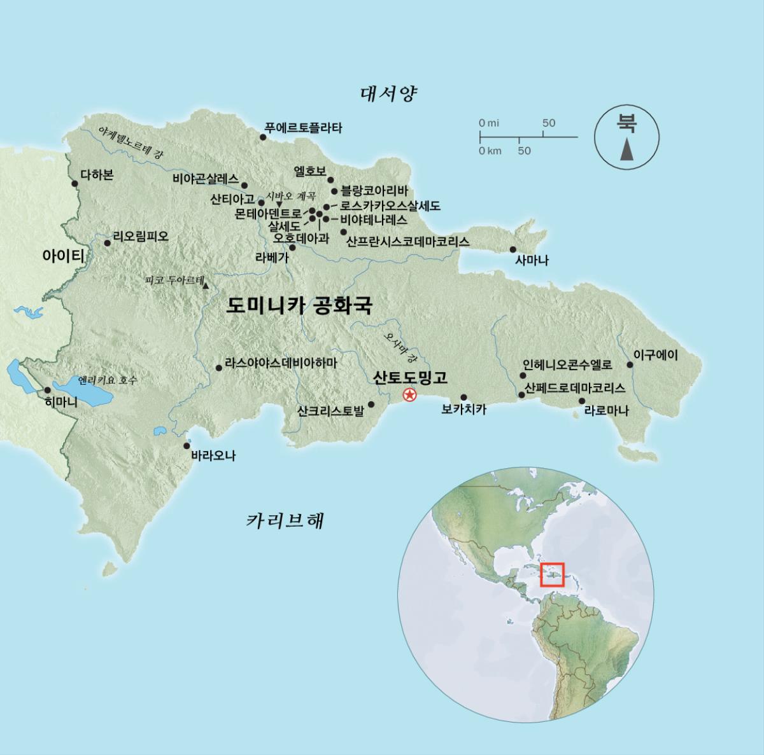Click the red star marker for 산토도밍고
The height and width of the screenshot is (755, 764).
coord(409,396)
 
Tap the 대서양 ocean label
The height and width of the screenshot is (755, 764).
coord(388,94)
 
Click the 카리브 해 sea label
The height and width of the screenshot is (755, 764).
coord(285,521)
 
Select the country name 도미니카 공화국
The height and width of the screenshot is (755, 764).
coord(299,306)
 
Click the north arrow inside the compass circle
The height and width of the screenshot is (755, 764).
coord(627,151)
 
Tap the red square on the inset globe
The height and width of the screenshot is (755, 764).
coord(552,574)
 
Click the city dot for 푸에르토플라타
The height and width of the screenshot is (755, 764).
coord(262,137)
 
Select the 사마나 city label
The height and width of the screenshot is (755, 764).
coord(532,260)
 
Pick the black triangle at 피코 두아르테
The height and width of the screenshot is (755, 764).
coord(206,286)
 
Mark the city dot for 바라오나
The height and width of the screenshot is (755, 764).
coord(187,446)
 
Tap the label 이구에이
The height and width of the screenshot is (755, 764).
coord(656,355)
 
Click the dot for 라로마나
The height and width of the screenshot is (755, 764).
coord(581,401)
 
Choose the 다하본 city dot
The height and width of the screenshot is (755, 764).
coord(74,183)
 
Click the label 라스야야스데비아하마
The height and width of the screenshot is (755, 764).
coord(281,363)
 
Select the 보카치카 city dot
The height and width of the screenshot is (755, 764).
coord(463,397)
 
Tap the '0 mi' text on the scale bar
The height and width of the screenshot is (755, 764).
coord(489,123)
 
